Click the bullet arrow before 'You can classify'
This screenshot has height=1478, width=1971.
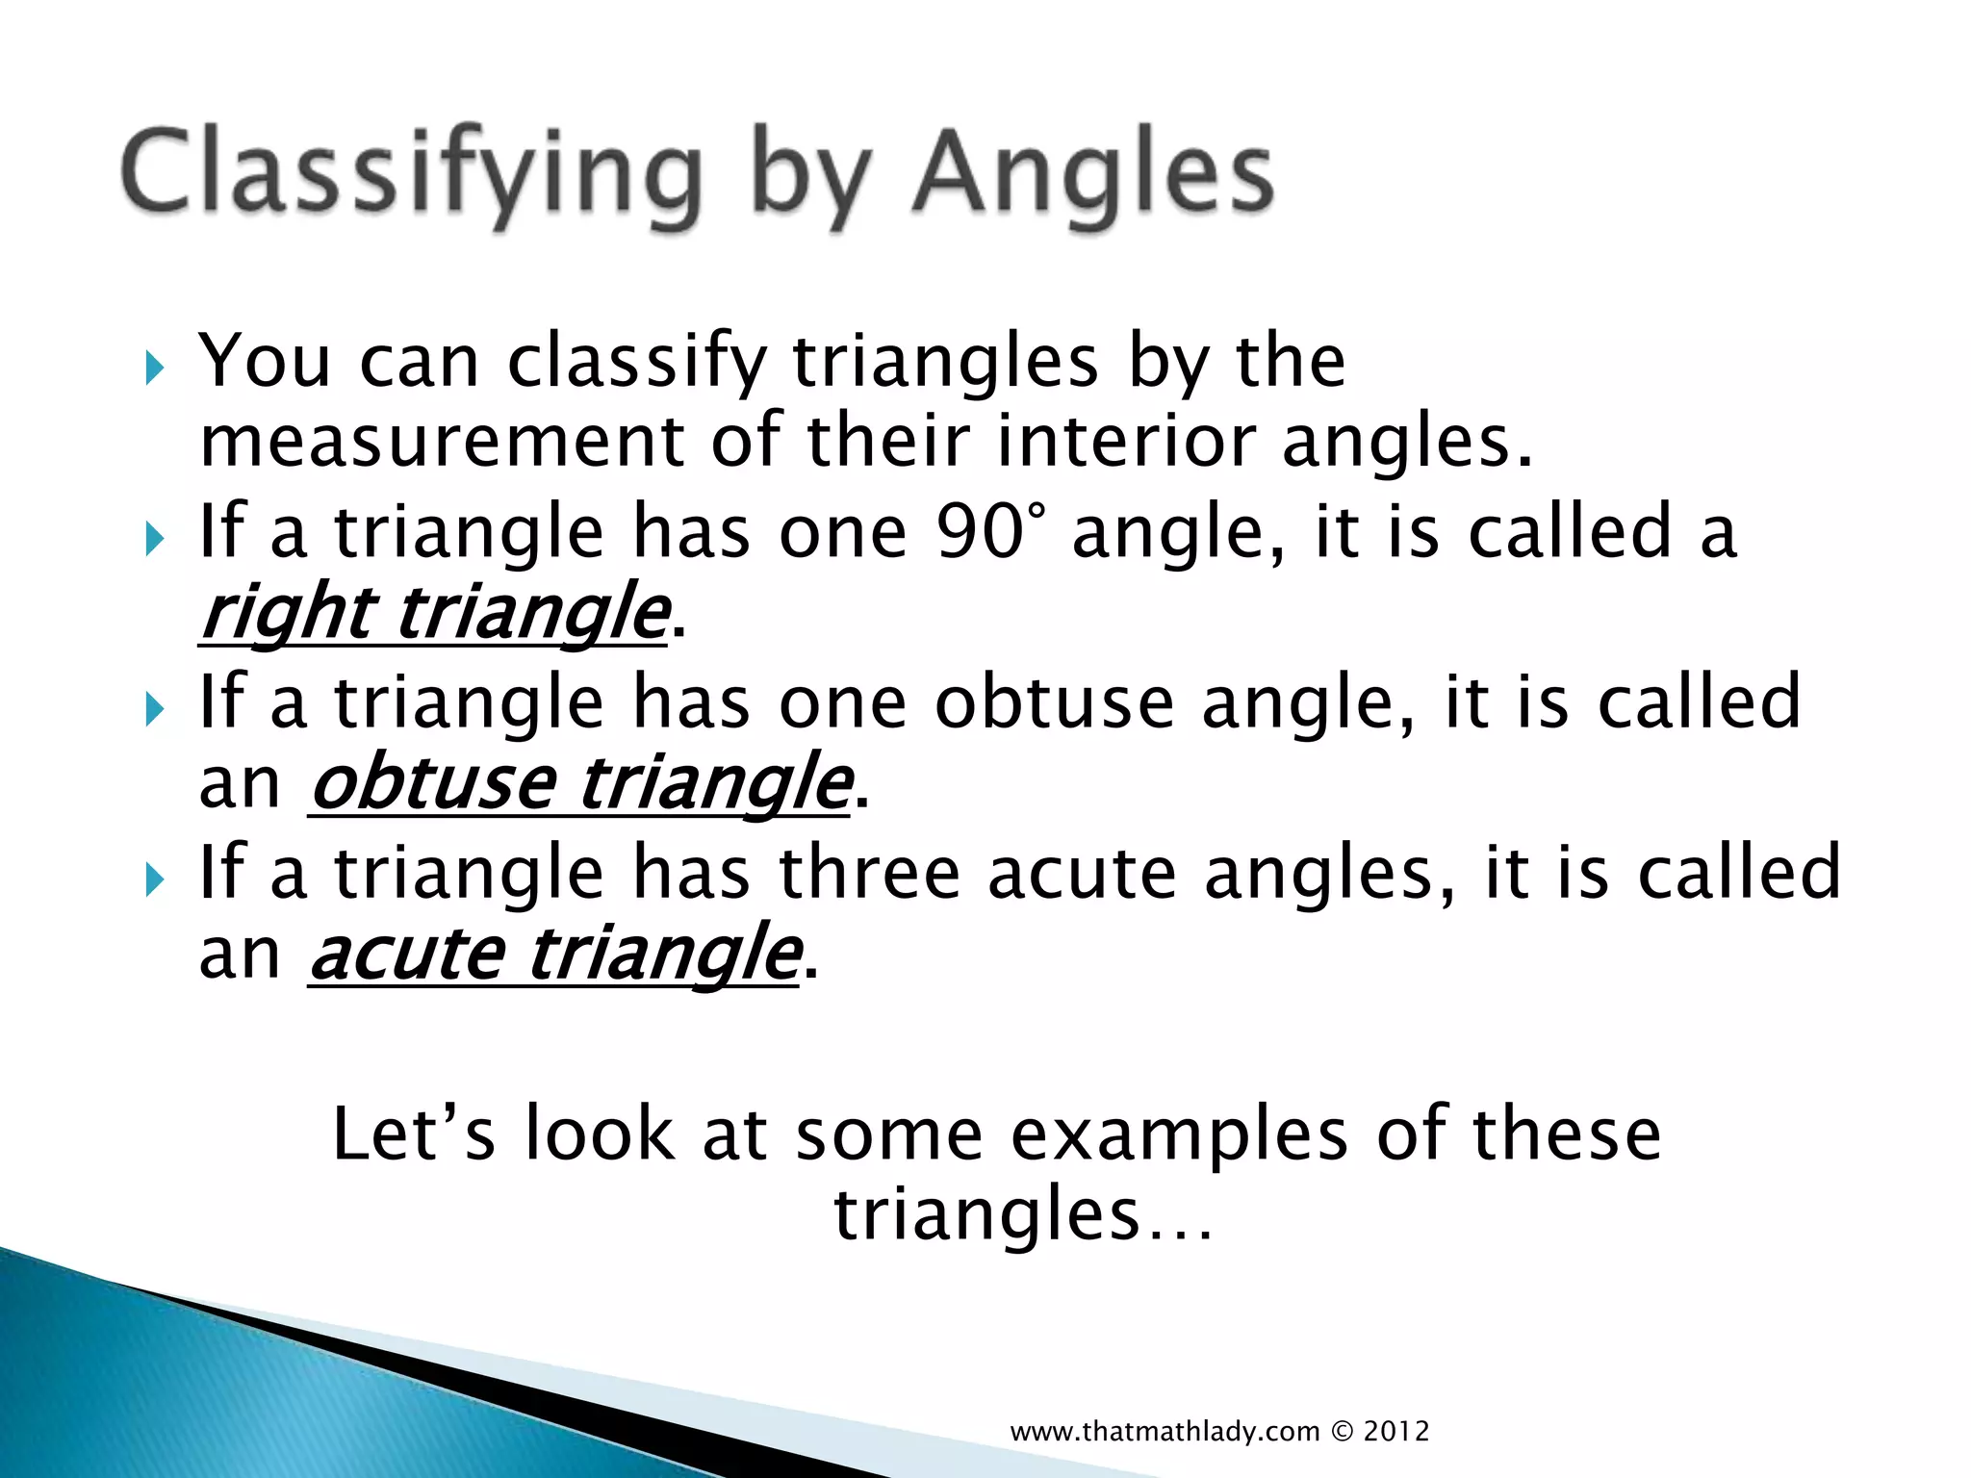[154, 367]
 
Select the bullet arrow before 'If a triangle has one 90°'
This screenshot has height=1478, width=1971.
[154, 538]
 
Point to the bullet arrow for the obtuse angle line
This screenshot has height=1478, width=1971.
[154, 709]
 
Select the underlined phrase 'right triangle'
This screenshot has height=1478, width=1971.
[434, 614]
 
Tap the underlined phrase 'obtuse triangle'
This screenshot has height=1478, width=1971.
[580, 783]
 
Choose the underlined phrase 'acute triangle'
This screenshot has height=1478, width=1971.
[555, 955]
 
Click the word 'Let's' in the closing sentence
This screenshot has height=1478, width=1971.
[413, 1134]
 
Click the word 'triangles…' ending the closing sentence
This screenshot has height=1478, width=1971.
[1023, 1214]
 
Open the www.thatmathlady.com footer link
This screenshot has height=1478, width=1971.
[1165, 1432]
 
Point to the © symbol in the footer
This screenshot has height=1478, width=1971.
[1342, 1432]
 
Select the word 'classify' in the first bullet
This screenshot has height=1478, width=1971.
[636, 363]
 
